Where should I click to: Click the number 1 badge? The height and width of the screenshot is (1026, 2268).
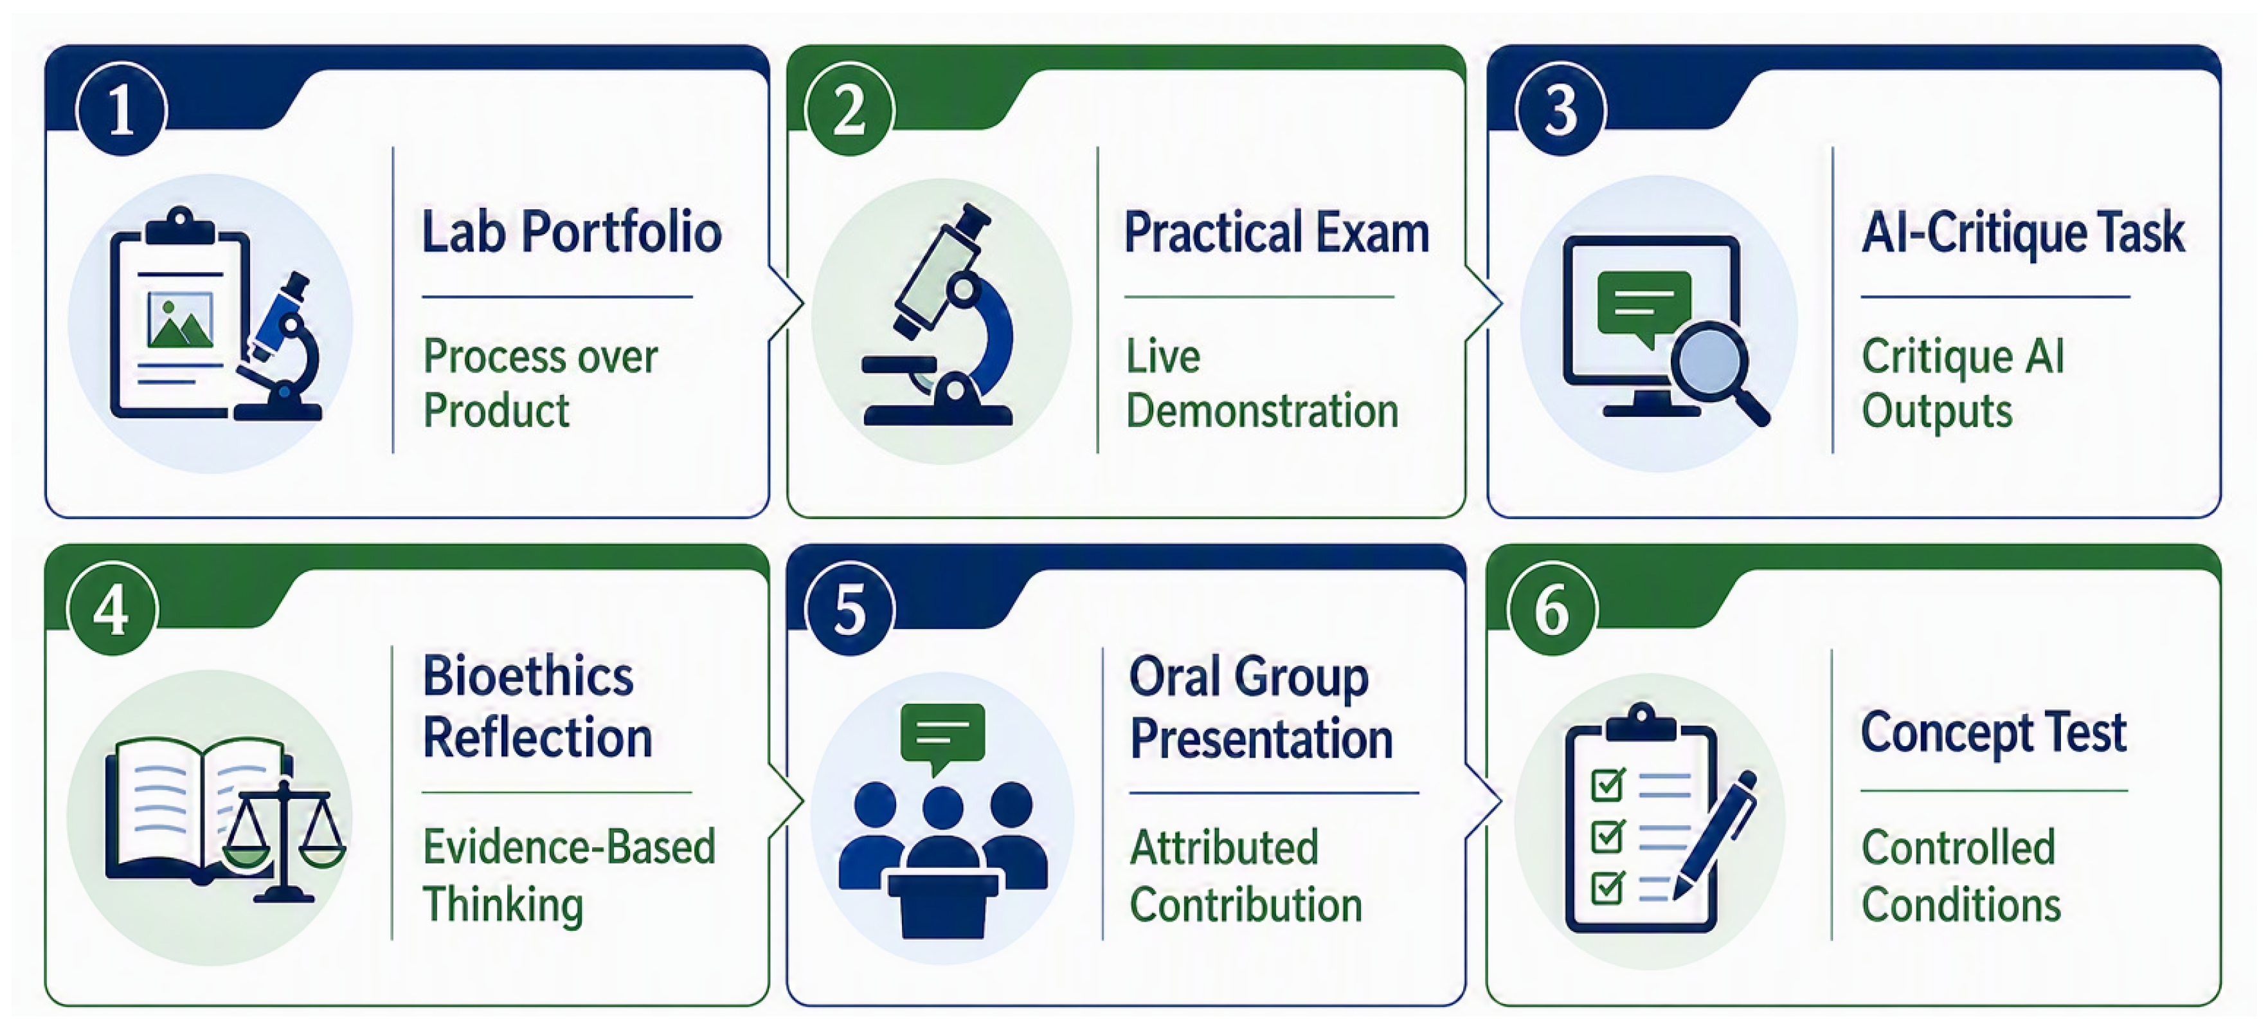point(122,109)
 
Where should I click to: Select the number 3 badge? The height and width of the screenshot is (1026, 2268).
point(1561,109)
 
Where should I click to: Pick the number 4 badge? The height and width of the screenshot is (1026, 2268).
point(113,609)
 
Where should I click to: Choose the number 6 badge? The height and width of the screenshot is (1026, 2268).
point(1553,609)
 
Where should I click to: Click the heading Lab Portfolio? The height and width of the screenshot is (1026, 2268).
point(571,232)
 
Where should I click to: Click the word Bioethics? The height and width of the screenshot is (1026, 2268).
point(528,676)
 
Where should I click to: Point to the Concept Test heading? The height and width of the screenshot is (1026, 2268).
point(1994,733)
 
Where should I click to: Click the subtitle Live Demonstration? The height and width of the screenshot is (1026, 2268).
point(1262,384)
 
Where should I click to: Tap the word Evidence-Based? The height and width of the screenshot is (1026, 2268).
point(569,847)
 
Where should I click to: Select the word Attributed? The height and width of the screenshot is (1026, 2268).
point(1224,848)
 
